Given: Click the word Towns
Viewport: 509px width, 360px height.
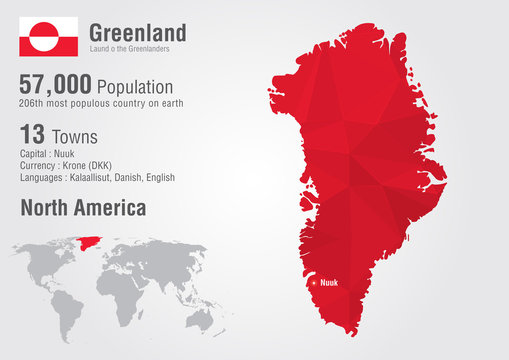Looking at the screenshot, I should pos(77,135).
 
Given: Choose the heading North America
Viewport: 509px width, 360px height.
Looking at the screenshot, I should pos(83,208).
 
